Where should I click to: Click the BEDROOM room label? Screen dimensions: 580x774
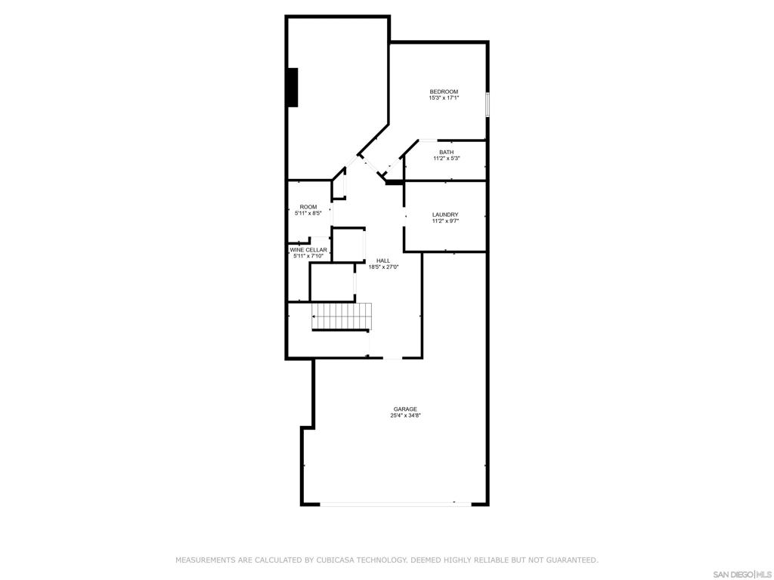[444, 92]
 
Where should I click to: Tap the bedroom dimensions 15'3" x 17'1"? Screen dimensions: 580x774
[444, 98]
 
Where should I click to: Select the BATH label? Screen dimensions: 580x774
[446, 153]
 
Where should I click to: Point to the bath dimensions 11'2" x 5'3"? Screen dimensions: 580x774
[446, 159]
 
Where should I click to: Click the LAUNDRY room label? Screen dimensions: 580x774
[445, 215]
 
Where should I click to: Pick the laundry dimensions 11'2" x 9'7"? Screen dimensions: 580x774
[445, 221]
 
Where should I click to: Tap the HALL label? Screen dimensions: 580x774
[383, 261]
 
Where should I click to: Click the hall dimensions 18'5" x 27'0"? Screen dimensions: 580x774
[383, 267]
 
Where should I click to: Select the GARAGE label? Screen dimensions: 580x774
[405, 409]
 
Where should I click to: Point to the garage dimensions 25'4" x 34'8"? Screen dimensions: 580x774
[405, 415]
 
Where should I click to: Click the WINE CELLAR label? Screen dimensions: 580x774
[308, 250]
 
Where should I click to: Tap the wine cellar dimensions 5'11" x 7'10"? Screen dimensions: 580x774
[308, 256]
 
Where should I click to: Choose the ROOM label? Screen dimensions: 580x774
[308, 207]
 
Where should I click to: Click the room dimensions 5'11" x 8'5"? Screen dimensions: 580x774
[308, 213]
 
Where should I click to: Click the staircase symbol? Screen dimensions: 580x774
[342, 316]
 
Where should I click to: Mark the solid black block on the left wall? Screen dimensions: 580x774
[293, 88]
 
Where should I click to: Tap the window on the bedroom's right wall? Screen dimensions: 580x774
[488, 104]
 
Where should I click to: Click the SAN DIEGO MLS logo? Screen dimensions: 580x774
[741, 574]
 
